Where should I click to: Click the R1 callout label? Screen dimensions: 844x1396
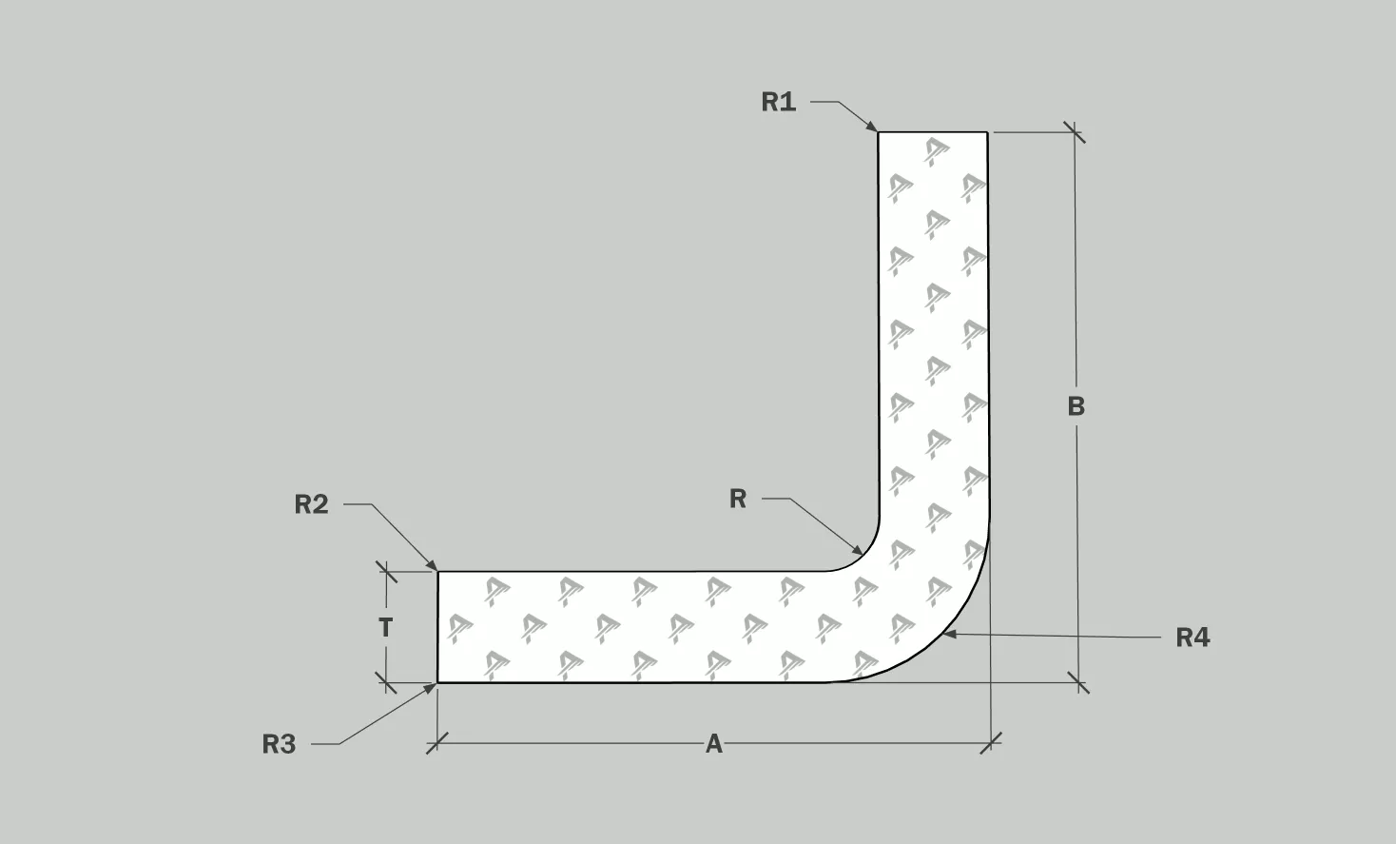pos(778,102)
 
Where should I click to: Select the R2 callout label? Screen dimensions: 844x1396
pos(311,504)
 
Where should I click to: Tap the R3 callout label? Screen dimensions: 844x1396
pos(279,744)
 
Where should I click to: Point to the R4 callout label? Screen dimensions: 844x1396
pos(1192,638)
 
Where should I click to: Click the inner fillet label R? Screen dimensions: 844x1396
pos(738,499)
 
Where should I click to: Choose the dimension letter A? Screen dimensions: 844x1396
pos(713,744)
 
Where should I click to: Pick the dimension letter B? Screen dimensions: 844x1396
pos(1076,406)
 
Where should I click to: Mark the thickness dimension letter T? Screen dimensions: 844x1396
pos(385,628)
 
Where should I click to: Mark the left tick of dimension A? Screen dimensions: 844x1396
pos(436,743)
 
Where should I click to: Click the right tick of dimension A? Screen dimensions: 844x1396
pos(991,742)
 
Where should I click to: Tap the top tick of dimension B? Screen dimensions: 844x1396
pos(1075,132)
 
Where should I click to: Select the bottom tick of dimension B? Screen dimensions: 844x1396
pos(1078,681)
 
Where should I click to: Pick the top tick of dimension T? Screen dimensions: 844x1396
pos(386,572)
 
